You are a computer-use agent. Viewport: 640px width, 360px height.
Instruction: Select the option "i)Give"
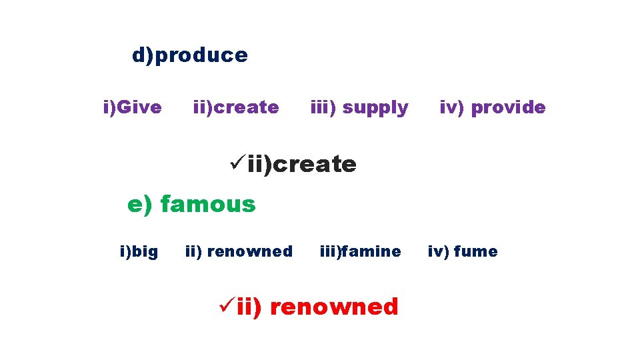click(132, 107)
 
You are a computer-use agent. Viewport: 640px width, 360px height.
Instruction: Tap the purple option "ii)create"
click(235, 107)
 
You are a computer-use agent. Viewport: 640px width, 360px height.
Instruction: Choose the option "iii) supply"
click(359, 107)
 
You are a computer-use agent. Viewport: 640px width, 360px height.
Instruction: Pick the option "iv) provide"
click(492, 107)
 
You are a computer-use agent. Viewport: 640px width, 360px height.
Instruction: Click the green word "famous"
click(208, 204)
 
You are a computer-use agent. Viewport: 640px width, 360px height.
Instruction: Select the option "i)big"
click(139, 251)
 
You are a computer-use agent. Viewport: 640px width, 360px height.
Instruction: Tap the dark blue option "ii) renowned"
click(239, 251)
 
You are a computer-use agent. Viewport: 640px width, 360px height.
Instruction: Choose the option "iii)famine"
click(360, 251)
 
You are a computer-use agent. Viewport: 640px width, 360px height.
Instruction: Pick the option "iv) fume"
click(462, 251)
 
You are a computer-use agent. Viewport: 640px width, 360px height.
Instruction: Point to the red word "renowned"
click(335, 307)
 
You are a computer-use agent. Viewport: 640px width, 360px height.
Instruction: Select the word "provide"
click(508, 107)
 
